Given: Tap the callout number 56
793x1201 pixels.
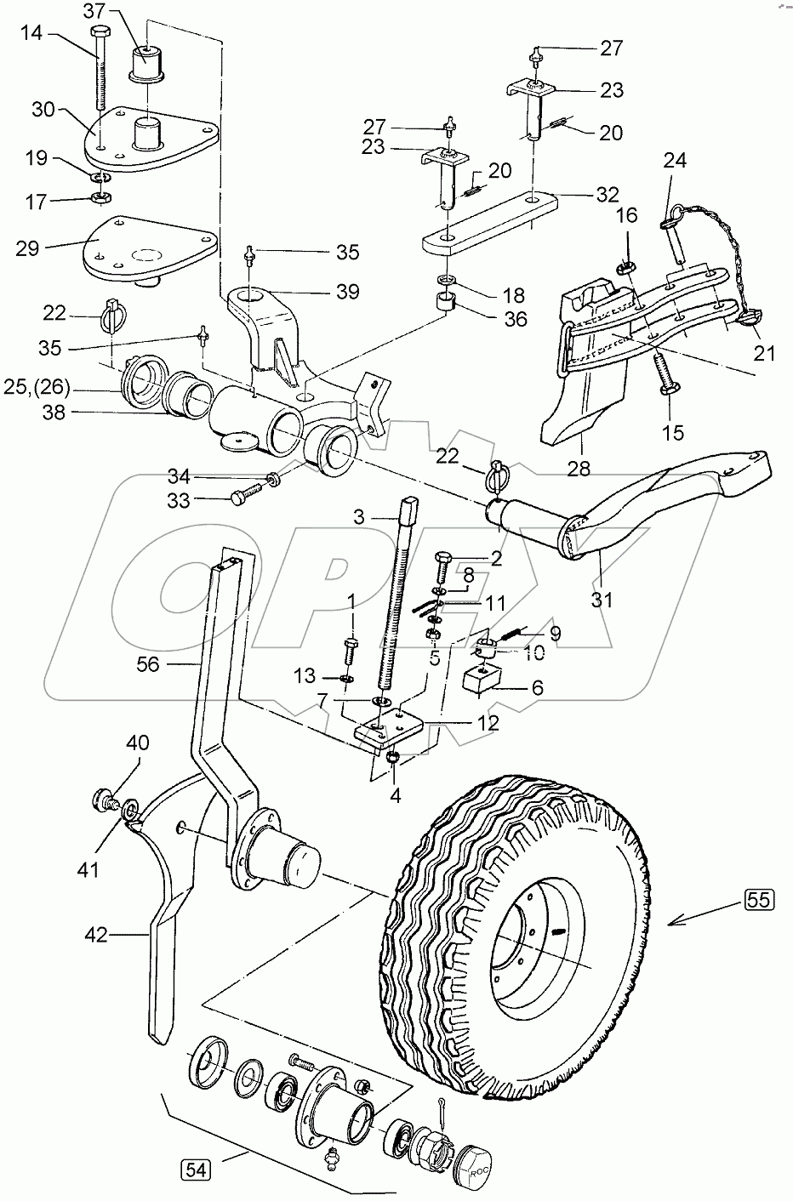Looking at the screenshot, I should pyautogui.click(x=148, y=664).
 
